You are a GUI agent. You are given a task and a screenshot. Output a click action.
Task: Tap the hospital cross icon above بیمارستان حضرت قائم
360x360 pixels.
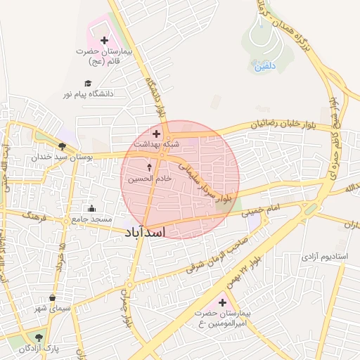pyautogui.click(x=105, y=41)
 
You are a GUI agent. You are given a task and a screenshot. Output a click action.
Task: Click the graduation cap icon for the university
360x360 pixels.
pyautogui.click(x=87, y=83)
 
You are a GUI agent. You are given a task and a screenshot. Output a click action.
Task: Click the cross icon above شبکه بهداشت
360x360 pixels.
pyautogui.click(x=156, y=133)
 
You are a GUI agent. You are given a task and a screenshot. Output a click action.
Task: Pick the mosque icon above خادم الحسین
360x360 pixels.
pyautogui.click(x=148, y=168)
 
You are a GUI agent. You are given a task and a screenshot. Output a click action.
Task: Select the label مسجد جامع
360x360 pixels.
pyautogui.click(x=90, y=219)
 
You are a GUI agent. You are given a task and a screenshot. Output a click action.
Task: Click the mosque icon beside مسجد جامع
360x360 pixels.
pyautogui.click(x=91, y=208)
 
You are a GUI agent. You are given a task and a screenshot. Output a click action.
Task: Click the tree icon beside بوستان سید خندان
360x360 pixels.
pyautogui.click(x=62, y=146)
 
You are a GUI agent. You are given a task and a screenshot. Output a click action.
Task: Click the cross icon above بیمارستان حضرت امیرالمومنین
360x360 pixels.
pyautogui.click(x=222, y=302)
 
